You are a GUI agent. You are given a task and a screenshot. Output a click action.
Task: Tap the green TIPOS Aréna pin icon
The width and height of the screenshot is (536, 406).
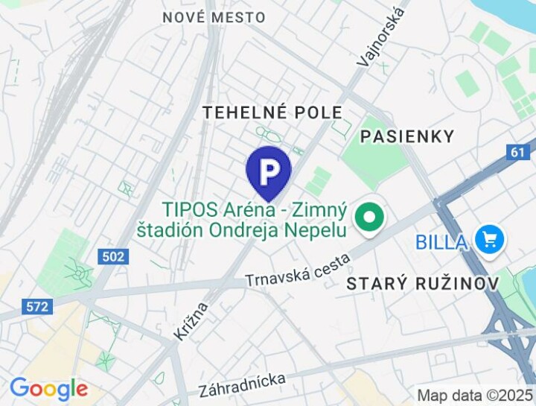click(x=368, y=218)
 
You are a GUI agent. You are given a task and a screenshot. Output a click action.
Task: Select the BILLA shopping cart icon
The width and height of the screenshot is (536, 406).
click(x=490, y=240)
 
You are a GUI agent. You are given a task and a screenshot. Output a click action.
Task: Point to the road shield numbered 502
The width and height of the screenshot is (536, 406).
click(x=112, y=256)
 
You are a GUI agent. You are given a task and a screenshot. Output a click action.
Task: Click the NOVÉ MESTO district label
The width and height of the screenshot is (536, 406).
click(x=214, y=17)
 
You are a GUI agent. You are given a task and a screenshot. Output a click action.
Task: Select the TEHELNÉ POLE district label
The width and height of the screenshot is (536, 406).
click(x=273, y=112)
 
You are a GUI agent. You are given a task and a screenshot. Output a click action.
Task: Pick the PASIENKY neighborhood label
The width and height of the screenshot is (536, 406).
click(x=406, y=136)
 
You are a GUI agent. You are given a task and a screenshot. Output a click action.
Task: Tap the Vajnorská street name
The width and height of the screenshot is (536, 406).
click(x=382, y=35)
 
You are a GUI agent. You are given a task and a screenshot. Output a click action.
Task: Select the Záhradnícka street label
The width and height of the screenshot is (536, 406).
click(x=242, y=385)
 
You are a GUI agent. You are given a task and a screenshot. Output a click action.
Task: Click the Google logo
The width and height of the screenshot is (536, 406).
click(x=48, y=389)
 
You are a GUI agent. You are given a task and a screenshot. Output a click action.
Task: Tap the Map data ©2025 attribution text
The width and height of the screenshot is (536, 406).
click(x=474, y=395)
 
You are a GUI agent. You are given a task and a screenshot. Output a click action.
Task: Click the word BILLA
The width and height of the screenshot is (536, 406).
click(x=441, y=241)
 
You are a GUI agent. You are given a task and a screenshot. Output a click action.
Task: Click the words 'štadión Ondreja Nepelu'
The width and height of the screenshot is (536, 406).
click(x=242, y=229)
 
